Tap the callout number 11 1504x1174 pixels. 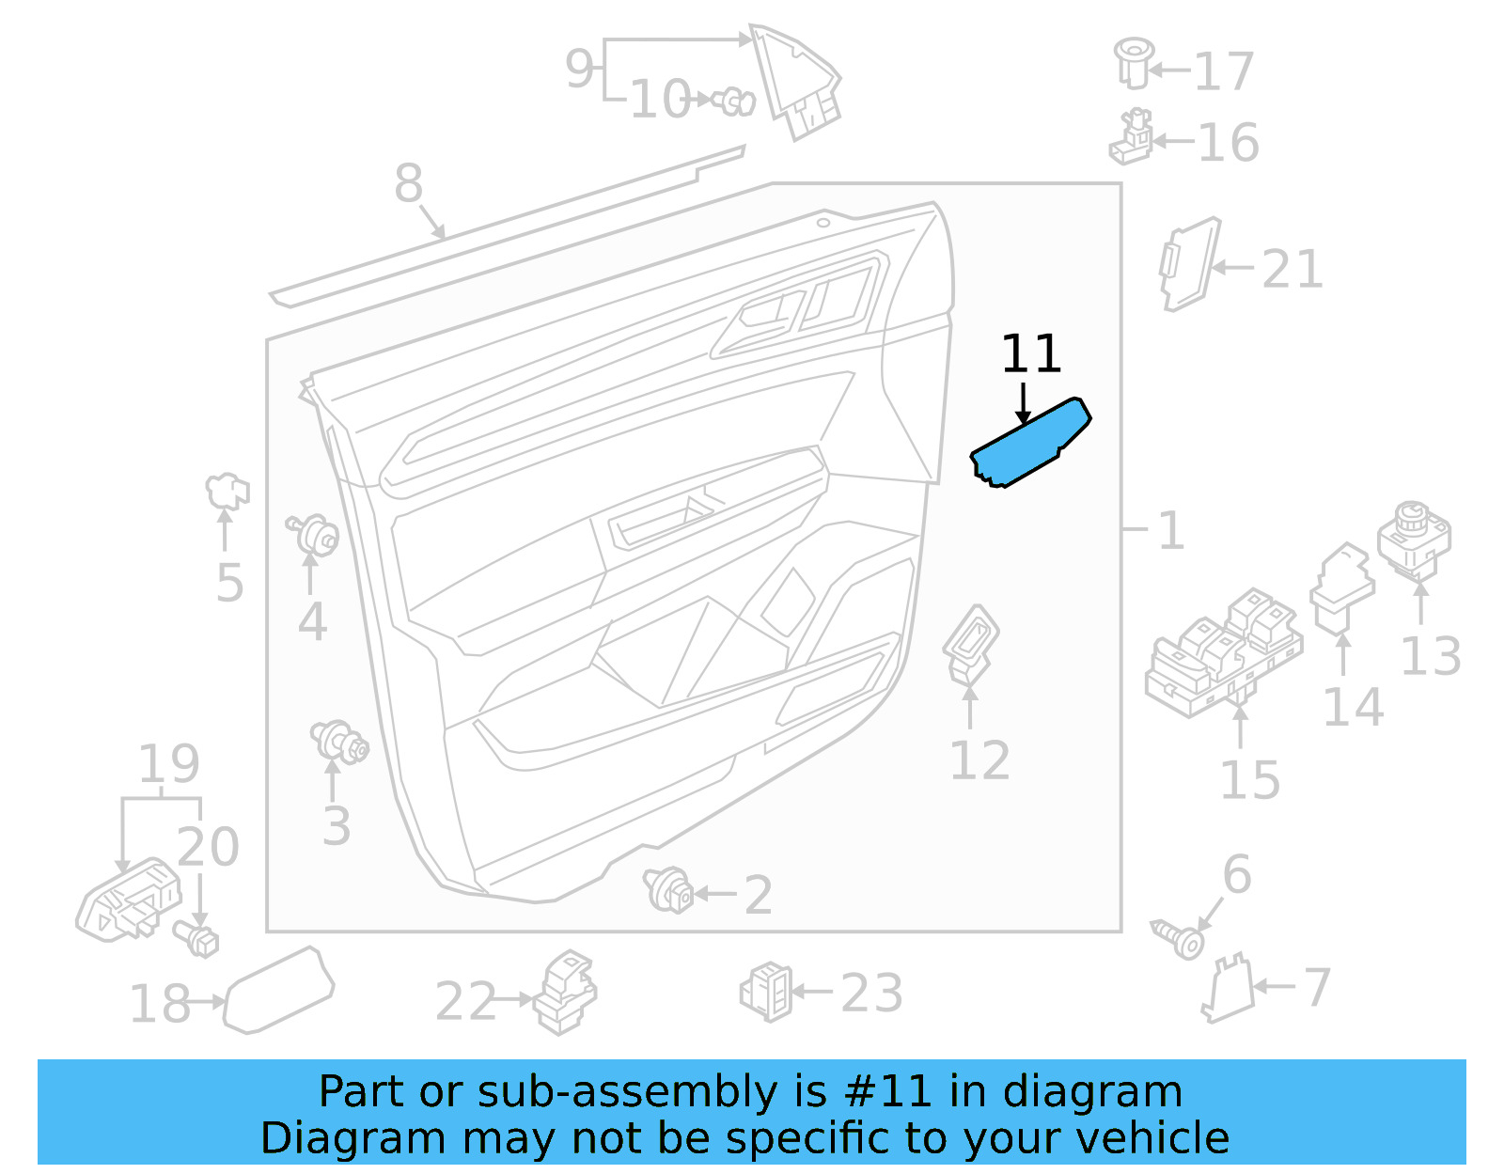1031,354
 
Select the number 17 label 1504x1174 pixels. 1224,71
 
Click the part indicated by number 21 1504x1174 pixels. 1189,264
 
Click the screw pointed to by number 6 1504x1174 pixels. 1179,938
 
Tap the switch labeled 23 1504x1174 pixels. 767,992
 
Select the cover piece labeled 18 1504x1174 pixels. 278,991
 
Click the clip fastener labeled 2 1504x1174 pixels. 668,889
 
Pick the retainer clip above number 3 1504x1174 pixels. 339,742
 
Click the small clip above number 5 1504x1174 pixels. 227,490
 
